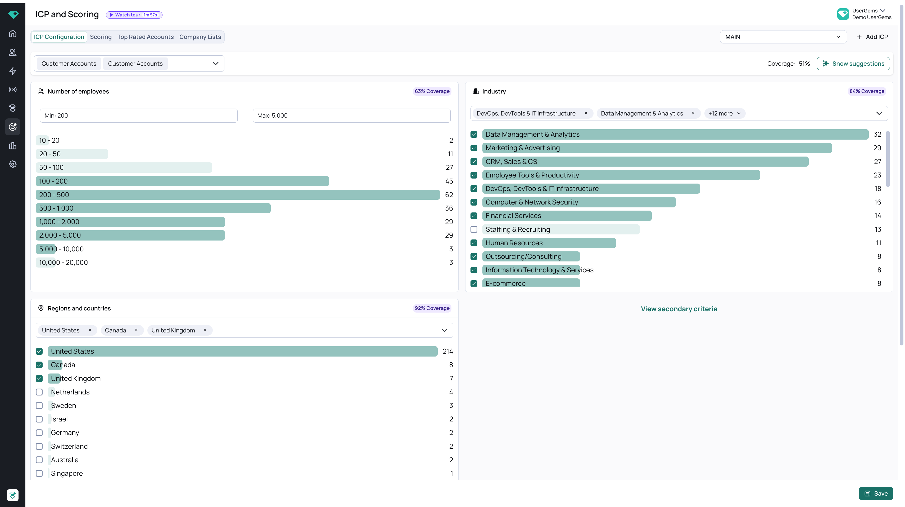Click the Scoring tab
pos(101,37)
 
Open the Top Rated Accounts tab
pos(146,37)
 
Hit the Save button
pos(876,493)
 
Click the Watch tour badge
pos(134,15)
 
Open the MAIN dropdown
pos(783,37)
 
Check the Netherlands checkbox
pos(39,392)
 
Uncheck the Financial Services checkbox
pos(474,216)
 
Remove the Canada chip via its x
pos(136,330)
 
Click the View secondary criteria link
pos(679,309)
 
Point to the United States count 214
pos(447,351)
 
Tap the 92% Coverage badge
pos(432,308)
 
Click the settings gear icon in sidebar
pos(13,164)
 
